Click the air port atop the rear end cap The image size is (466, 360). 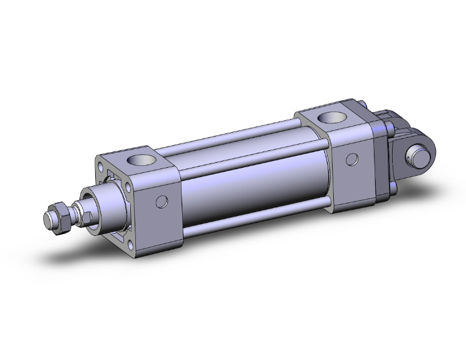coord(328,117)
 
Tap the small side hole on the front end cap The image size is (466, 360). coord(163,202)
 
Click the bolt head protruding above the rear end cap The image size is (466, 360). coord(364,103)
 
